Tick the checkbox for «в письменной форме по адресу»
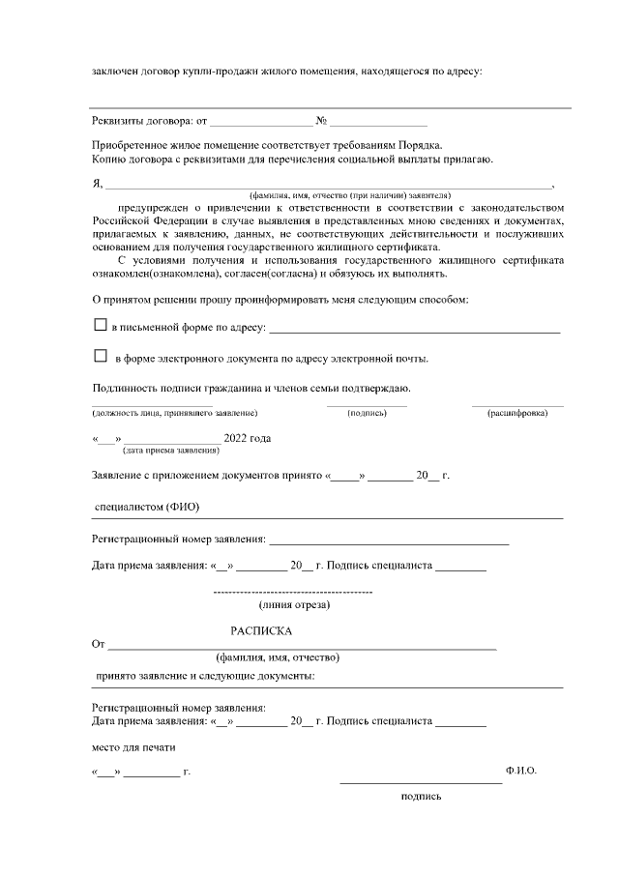(100, 327)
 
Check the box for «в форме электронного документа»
(100, 357)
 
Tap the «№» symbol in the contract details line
(320, 121)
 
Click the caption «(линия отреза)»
(295, 605)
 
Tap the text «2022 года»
(247, 438)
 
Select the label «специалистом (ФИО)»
(146, 507)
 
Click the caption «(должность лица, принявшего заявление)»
(174, 414)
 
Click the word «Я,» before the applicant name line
(97, 184)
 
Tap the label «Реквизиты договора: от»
(149, 121)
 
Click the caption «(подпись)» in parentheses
(367, 414)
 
